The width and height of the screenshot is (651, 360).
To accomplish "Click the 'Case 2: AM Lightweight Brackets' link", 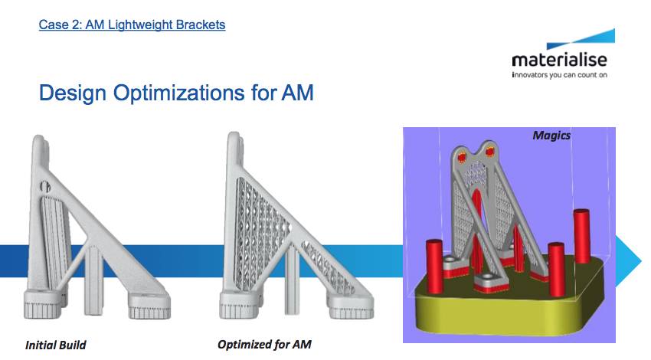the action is [x=132, y=25].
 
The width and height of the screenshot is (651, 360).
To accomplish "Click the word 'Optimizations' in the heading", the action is [x=179, y=93].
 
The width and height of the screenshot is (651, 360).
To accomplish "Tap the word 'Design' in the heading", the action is [x=73, y=93].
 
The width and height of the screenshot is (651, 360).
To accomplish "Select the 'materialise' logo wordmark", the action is [x=560, y=61].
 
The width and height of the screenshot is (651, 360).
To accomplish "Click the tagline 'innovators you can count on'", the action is [x=560, y=75].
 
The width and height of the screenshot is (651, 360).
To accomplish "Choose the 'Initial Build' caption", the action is [x=56, y=345].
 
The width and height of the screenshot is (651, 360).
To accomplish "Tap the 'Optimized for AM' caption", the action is [x=264, y=345].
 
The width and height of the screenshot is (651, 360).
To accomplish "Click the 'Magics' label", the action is [x=551, y=136].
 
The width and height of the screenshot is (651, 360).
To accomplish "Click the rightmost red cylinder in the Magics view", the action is [x=581, y=236].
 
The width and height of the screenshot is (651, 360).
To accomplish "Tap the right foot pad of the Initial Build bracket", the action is [x=149, y=306].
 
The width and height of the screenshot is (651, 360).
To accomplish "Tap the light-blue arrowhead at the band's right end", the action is [x=628, y=261].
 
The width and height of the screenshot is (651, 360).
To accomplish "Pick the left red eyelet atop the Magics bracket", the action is [x=462, y=157].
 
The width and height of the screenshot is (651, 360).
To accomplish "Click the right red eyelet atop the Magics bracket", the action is [x=490, y=151].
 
